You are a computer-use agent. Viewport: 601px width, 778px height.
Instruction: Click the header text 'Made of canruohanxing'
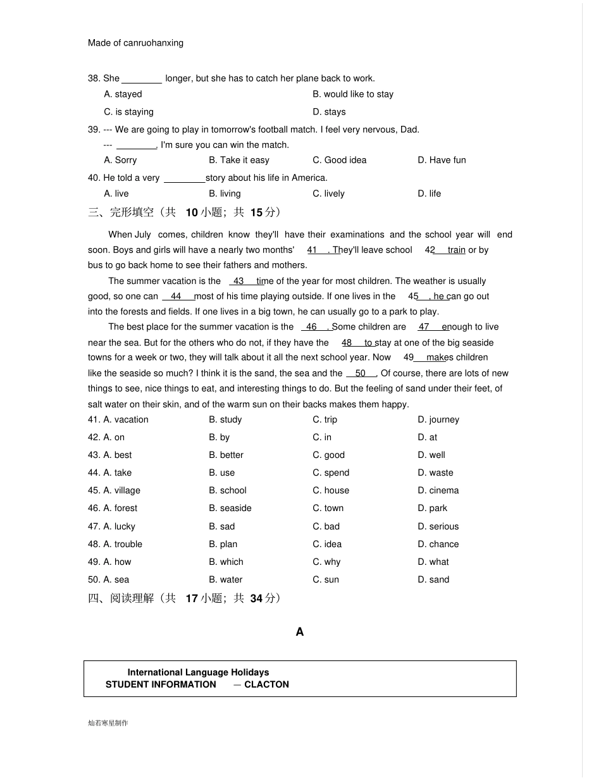click(x=135, y=43)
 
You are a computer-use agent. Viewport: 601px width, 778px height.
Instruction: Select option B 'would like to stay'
click(x=353, y=94)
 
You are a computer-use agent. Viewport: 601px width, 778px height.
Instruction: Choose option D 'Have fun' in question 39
click(x=442, y=160)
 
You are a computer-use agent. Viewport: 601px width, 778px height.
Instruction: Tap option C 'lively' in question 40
click(x=328, y=194)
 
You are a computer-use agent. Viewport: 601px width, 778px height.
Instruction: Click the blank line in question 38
click(x=142, y=79)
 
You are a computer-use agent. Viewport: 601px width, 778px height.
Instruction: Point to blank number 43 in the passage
click(x=239, y=281)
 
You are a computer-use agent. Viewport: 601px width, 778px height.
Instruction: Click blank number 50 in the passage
click(x=361, y=374)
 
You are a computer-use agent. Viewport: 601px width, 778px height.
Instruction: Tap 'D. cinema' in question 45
click(x=438, y=490)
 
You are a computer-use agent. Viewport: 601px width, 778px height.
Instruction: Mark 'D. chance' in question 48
click(x=438, y=544)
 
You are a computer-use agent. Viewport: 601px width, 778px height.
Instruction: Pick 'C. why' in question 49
click(x=326, y=562)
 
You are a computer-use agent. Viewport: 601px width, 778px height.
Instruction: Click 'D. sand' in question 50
click(x=433, y=579)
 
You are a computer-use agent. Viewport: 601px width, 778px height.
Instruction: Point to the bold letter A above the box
click(x=300, y=632)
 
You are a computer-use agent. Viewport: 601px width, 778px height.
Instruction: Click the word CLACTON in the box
click(x=266, y=684)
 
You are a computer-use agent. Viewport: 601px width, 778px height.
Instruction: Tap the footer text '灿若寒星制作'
click(x=108, y=723)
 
